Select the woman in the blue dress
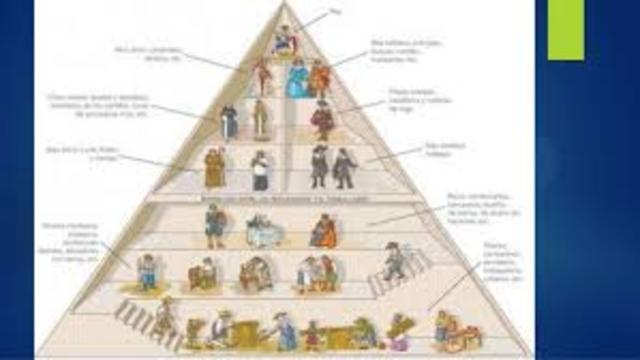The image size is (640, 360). (x=297, y=79)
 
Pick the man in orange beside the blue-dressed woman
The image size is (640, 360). (x=319, y=77)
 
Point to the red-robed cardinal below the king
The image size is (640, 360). (x=262, y=77)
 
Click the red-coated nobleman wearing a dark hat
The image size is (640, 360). (x=322, y=119)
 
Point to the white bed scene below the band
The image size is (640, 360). (x=265, y=230)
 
